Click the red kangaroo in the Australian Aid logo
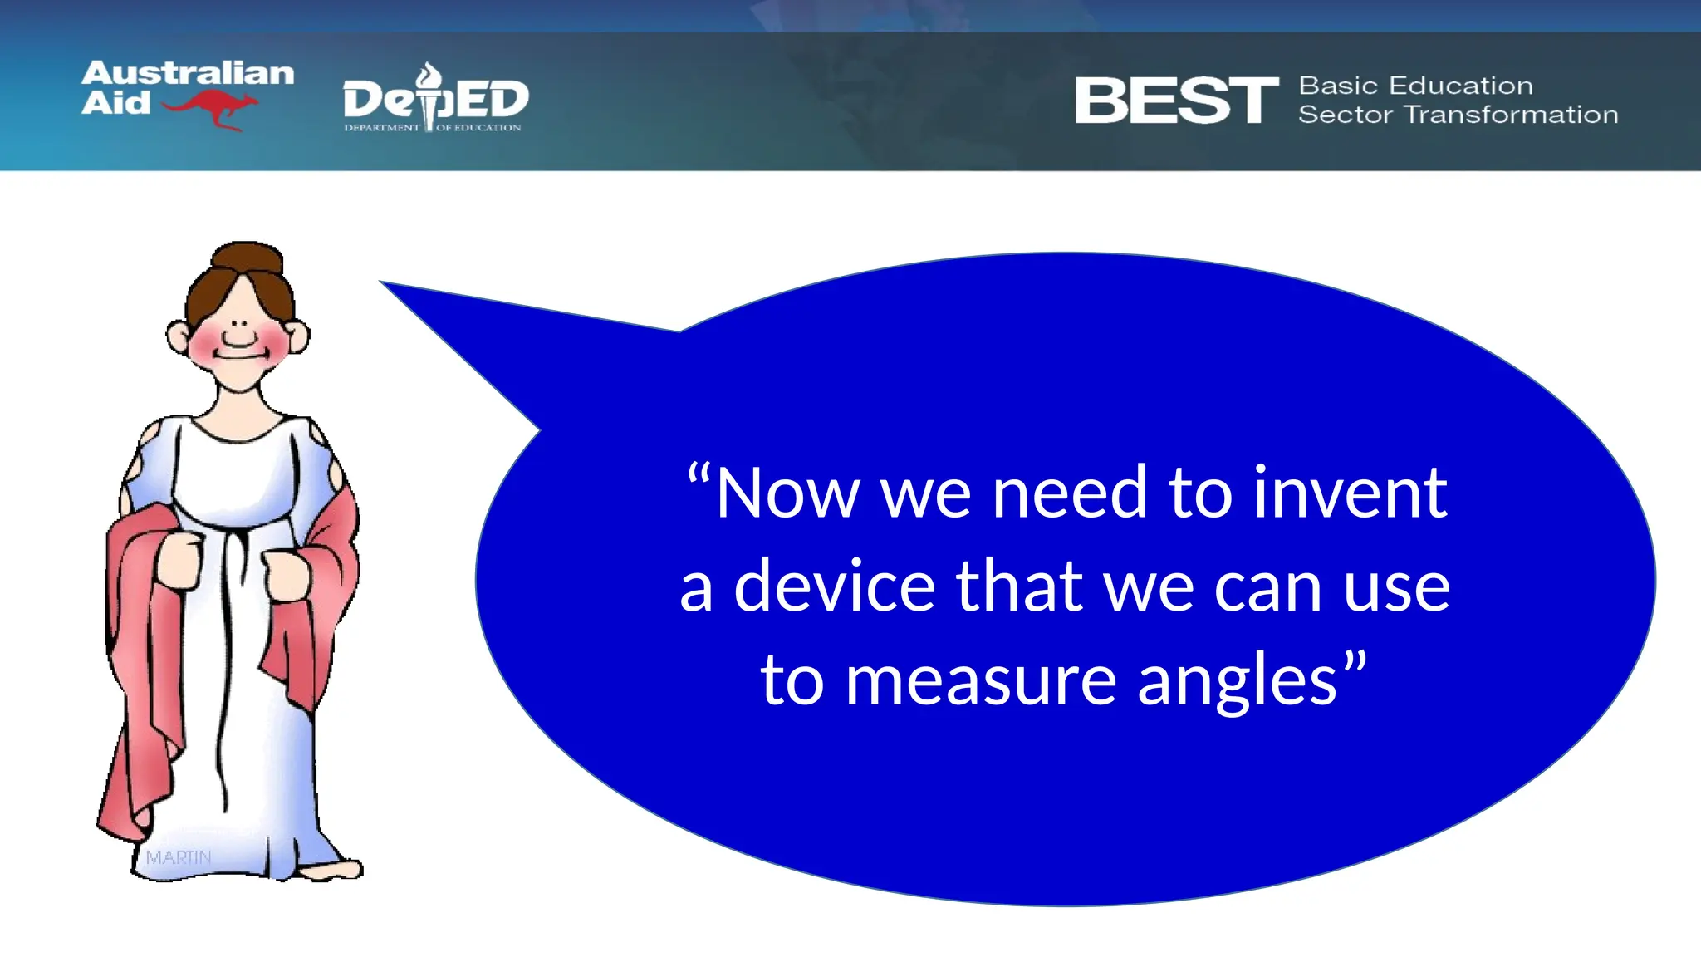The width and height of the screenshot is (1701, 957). (x=212, y=108)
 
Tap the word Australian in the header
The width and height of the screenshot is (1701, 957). (x=188, y=73)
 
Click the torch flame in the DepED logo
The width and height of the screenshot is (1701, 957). (x=429, y=76)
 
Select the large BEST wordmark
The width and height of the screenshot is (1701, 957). (x=1176, y=101)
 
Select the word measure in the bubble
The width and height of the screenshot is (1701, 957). (x=980, y=680)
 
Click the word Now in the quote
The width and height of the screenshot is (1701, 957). (x=786, y=493)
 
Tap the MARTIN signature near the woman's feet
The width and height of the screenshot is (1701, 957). (x=178, y=856)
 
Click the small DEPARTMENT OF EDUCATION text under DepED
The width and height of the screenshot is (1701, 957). (x=432, y=128)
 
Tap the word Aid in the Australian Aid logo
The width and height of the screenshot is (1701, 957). (x=115, y=103)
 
